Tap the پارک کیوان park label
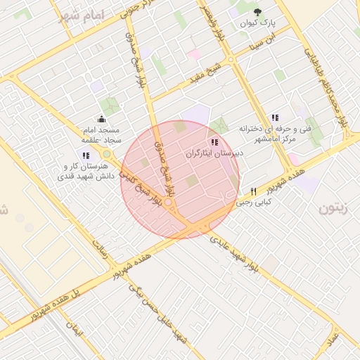257,23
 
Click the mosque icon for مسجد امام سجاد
102,119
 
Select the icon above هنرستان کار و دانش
85,155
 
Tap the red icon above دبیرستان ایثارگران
214,141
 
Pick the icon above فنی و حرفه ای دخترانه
275,117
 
